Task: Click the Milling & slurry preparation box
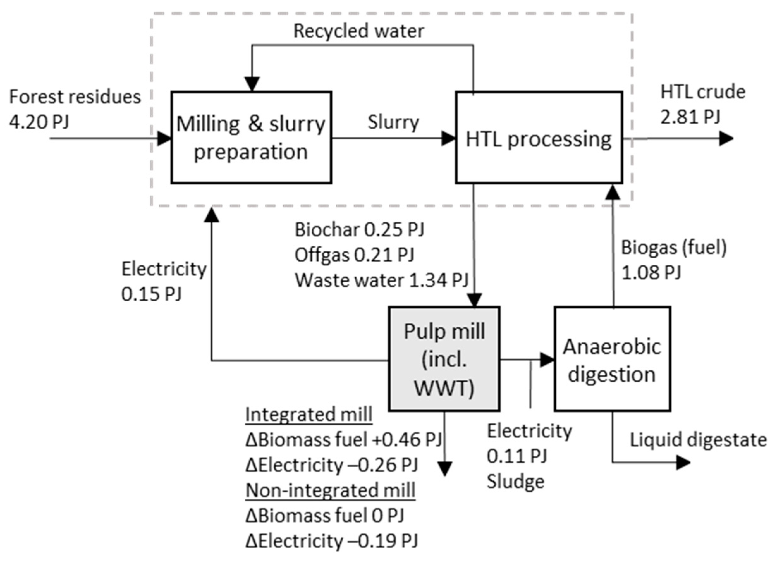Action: [251, 137]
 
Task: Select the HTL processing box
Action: [539, 137]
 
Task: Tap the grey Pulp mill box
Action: [444, 359]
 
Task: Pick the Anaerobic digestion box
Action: [612, 359]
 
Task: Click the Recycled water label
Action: [358, 31]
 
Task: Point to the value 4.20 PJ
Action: [39, 122]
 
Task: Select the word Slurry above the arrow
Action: [393, 122]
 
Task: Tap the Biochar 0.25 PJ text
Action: [359, 229]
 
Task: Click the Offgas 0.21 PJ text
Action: [354, 255]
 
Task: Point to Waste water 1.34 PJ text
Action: [381, 280]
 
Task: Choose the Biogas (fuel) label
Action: [674, 247]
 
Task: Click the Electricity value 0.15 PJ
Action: [151, 294]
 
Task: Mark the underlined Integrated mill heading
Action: [309, 414]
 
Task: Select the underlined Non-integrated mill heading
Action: [330, 490]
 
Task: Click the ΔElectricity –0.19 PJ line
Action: [332, 541]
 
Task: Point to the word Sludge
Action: [516, 481]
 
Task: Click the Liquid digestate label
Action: [698, 440]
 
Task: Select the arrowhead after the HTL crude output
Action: [726, 139]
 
